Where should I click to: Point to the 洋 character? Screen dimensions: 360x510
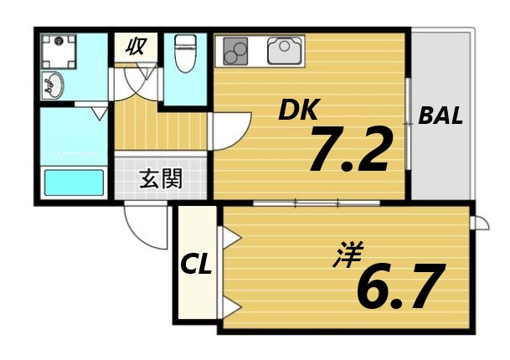coord(340,254)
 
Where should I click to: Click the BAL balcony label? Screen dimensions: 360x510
coord(440,116)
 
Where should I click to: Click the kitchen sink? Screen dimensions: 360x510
coord(286,53)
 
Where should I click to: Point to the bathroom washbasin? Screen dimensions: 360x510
coord(53,84)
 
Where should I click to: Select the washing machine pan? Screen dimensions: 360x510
coord(61,48)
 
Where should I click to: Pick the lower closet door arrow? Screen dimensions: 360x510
coord(231,304)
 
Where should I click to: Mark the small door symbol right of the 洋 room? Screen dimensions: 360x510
coord(480,222)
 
